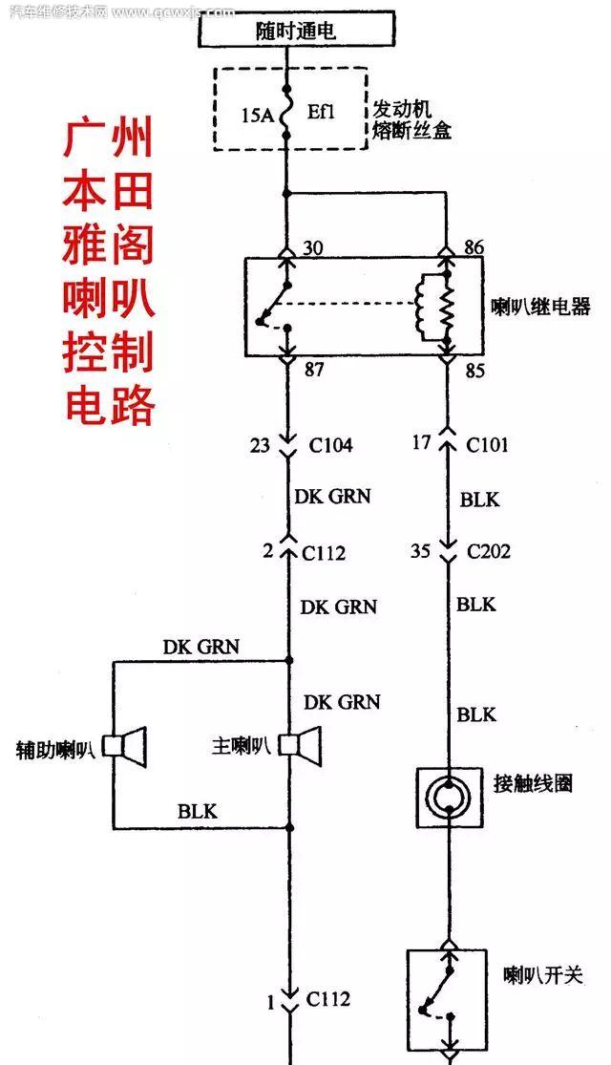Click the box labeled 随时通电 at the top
[295, 31]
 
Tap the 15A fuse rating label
[257, 117]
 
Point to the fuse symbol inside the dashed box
[285, 117]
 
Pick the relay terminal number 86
[473, 248]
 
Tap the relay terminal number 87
[313, 370]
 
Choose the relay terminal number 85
[474, 370]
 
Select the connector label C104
[329, 445]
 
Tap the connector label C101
[487, 445]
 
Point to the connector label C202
[488, 552]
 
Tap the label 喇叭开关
[543, 975]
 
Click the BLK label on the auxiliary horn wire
[198, 812]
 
